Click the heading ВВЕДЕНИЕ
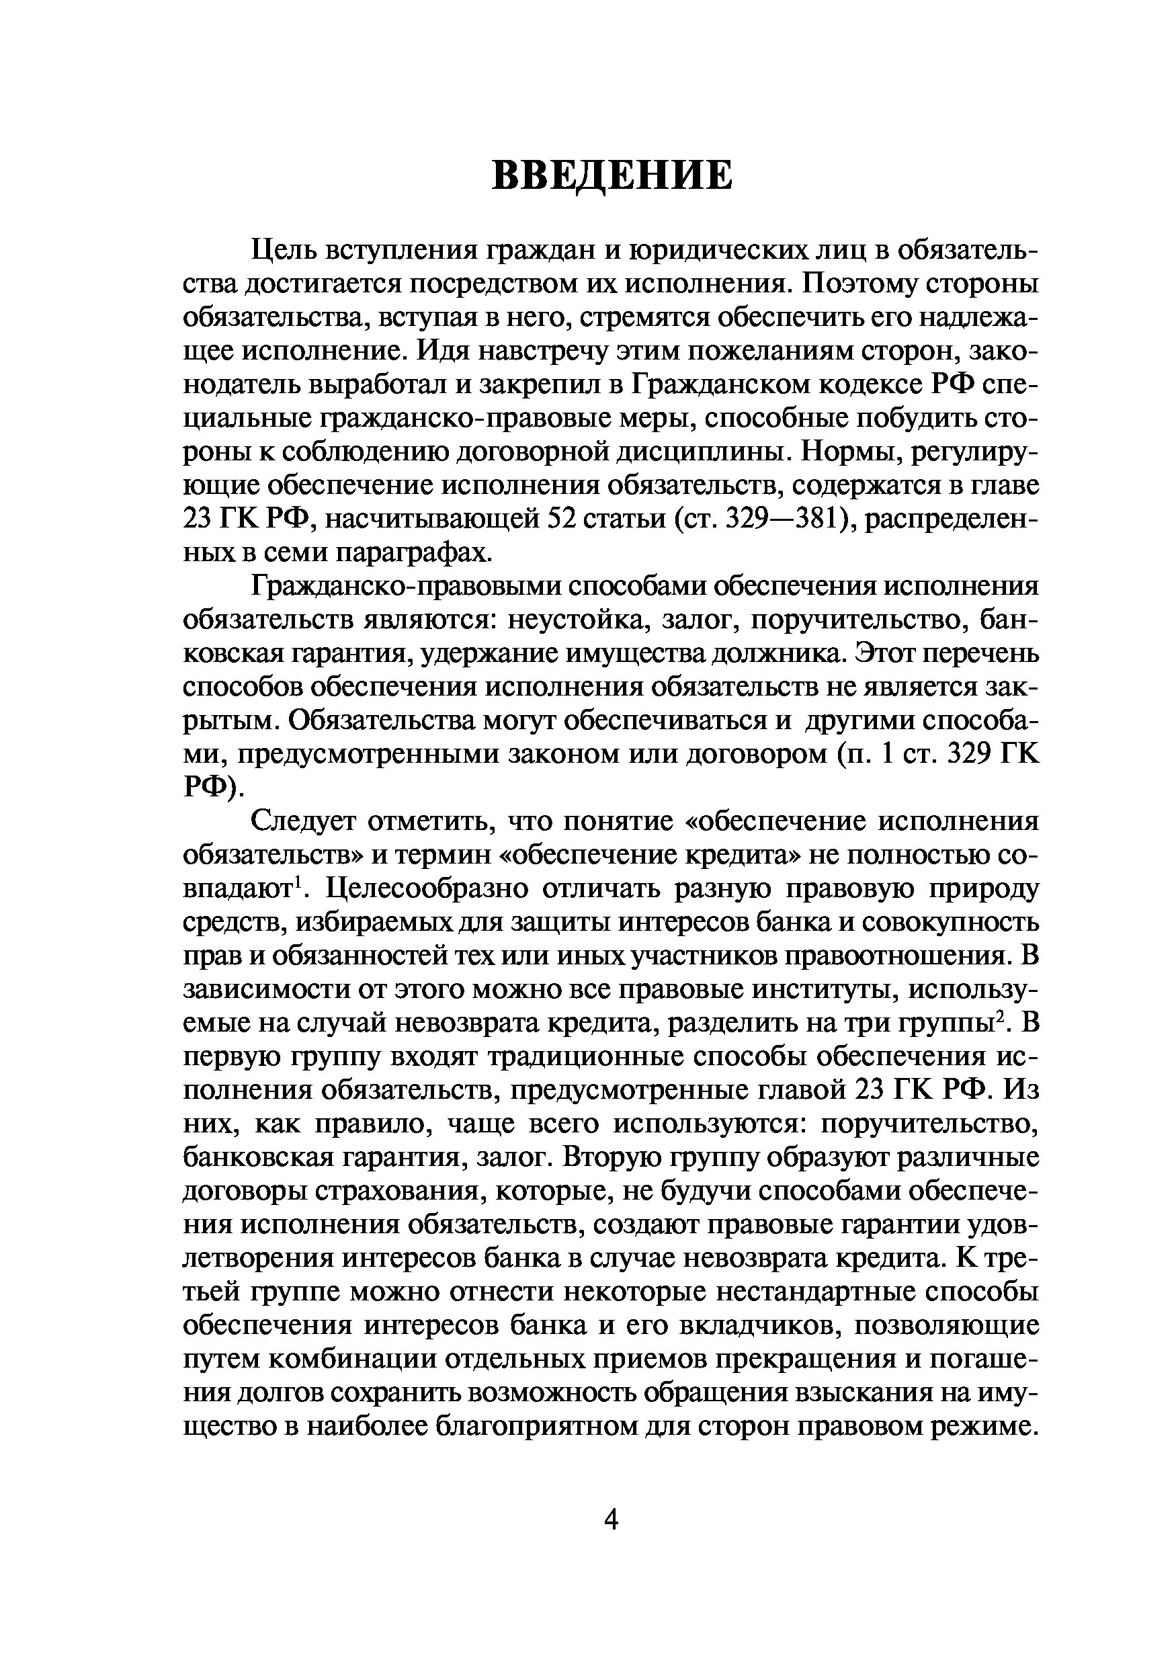(612, 175)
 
